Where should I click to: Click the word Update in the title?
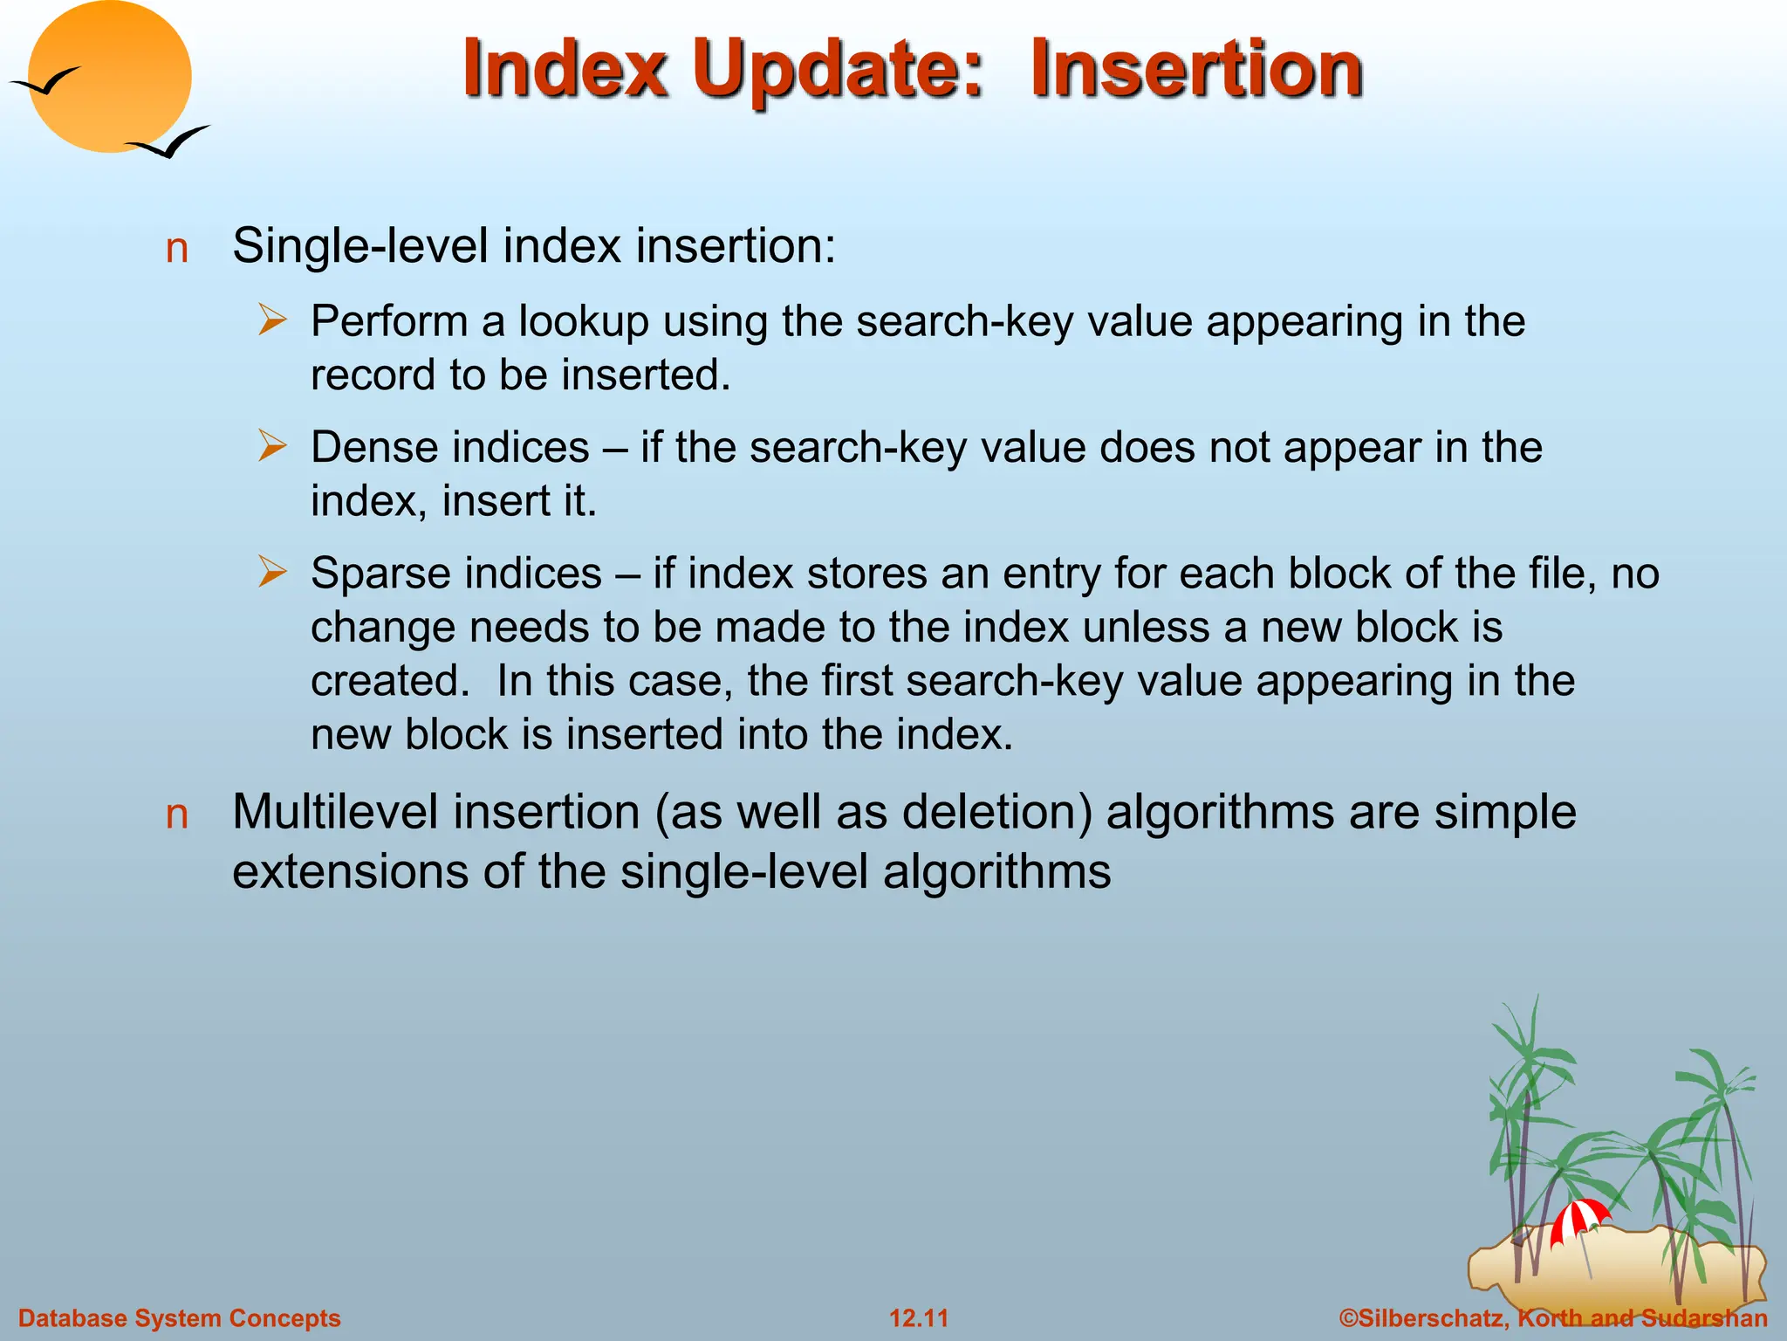838,70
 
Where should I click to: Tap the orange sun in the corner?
109,77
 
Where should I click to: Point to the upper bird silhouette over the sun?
45,83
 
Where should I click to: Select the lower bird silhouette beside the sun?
170,142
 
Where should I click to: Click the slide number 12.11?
918,1318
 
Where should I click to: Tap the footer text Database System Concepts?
179,1318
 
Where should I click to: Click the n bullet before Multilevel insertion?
177,815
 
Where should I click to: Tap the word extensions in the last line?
350,871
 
